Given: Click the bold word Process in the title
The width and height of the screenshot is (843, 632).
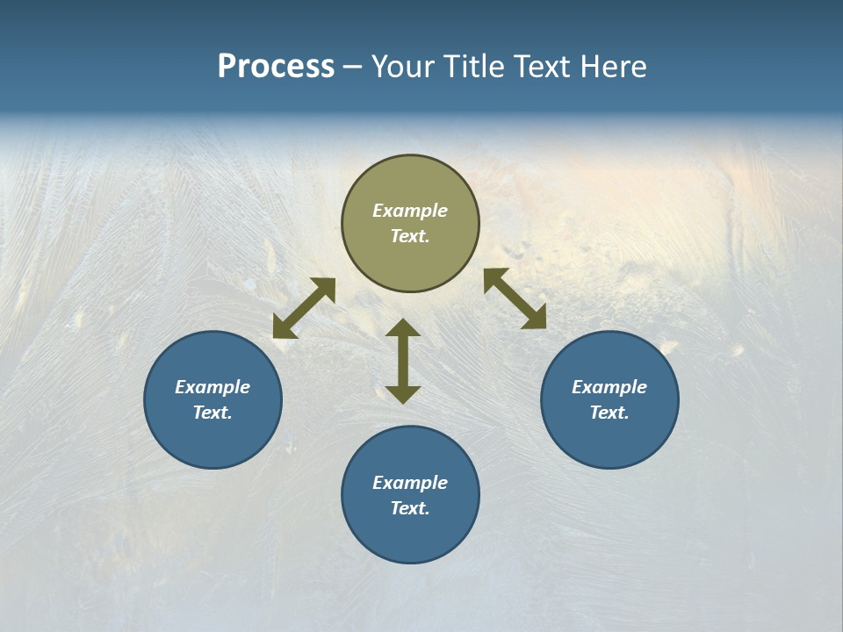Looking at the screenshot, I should pos(276,67).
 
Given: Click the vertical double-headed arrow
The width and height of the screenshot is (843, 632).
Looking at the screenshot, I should pos(403,361).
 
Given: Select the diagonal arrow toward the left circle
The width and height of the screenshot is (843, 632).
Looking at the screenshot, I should pos(304,308).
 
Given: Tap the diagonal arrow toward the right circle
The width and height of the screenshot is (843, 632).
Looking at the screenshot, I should pos(515,298).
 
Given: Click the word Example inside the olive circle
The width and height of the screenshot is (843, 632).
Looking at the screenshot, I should pos(410,211).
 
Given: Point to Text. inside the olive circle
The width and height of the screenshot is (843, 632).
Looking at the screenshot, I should pos(410,236).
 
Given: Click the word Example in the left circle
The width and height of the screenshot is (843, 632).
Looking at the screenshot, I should pos(213,387).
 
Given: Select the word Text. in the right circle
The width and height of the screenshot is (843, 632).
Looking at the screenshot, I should pos(609,413).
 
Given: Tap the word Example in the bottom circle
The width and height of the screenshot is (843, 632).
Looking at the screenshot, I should pos(410,483).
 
